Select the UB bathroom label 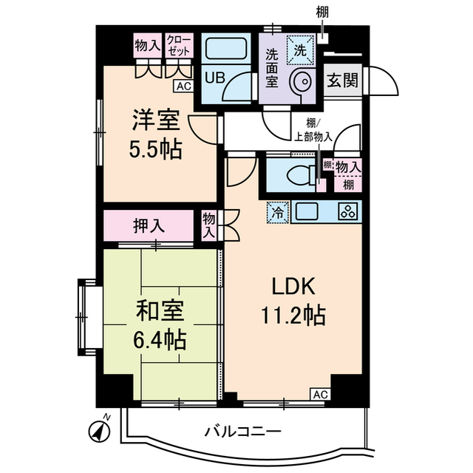pos(214,76)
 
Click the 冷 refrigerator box pos(277,211)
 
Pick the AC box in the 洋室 pos(184,86)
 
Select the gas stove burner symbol pos(347,212)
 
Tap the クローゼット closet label pos(177,45)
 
